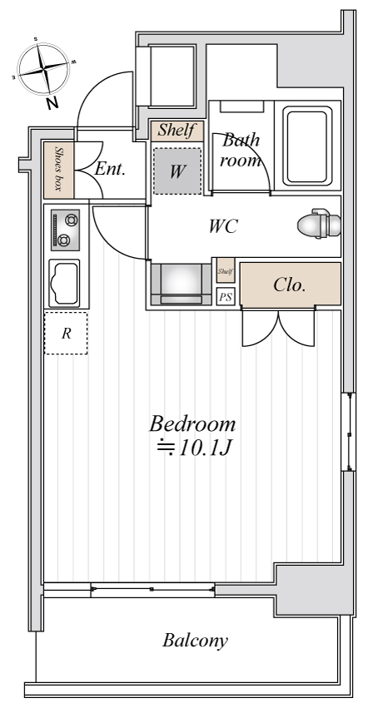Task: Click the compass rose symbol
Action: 43,68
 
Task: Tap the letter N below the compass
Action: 52,104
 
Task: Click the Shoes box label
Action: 58,168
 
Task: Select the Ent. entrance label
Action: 110,169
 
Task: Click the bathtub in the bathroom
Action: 307,146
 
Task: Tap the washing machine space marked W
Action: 177,171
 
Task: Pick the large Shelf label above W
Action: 177,131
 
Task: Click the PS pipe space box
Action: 226,297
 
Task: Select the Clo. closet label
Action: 289,285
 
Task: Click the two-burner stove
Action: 65,230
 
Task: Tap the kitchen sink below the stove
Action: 64,284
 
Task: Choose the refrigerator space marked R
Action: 66,334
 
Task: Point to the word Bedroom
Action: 193,423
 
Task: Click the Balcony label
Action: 195,641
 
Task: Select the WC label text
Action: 223,226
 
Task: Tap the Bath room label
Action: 241,149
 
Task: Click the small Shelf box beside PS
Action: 226,271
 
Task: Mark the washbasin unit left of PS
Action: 181,285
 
